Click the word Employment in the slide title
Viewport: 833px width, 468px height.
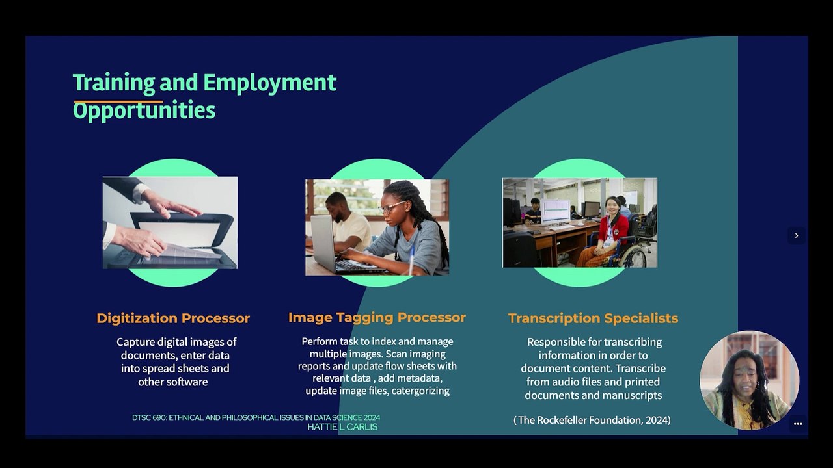pyautogui.click(x=269, y=83)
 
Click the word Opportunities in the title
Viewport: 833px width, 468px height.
pyautogui.click(x=144, y=110)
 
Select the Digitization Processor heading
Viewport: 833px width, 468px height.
pyautogui.click(x=173, y=318)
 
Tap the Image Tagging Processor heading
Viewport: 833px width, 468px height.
pyautogui.click(x=377, y=318)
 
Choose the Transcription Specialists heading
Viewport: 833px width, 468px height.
pyautogui.click(x=593, y=318)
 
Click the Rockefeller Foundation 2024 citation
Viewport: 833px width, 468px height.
pyautogui.click(x=592, y=420)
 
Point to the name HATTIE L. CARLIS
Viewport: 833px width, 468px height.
pyautogui.click(x=342, y=427)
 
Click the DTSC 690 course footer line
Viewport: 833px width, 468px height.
pyautogui.click(x=256, y=417)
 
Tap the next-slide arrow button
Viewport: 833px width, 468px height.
pyautogui.click(x=797, y=235)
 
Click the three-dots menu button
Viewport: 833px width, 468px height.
pyautogui.click(x=798, y=424)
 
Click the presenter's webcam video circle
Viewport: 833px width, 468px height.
pyautogui.click(x=749, y=380)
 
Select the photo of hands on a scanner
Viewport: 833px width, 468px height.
pyautogui.click(x=170, y=223)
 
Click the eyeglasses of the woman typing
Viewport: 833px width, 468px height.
pyautogui.click(x=391, y=207)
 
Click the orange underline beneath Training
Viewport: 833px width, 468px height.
pyautogui.click(x=118, y=101)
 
